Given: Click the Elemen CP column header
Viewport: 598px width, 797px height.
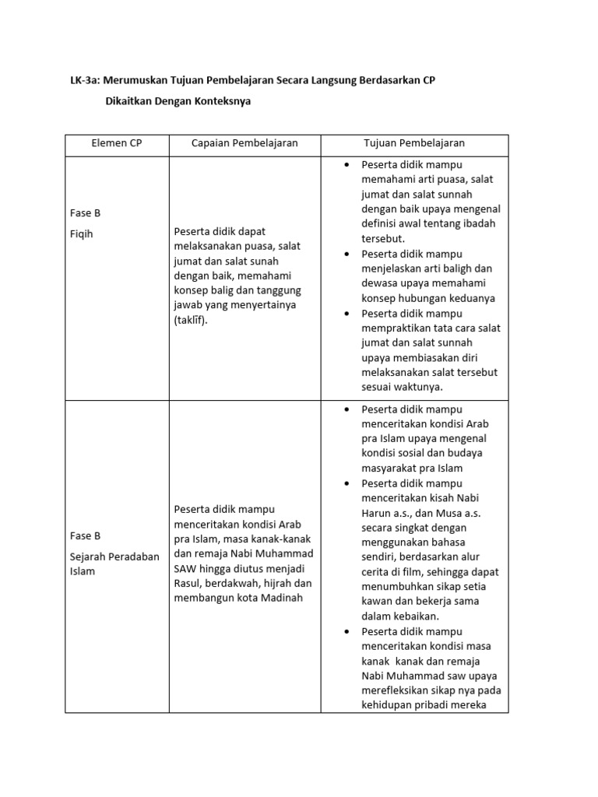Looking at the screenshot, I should pos(117,143).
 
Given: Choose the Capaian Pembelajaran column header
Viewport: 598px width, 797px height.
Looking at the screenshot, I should pos(244,143).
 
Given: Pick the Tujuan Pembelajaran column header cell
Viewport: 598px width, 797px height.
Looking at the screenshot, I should pos(414,143).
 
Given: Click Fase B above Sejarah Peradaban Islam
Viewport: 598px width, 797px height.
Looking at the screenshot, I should pos(86,536).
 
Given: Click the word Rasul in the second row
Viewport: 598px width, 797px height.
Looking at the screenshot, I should pos(188,583).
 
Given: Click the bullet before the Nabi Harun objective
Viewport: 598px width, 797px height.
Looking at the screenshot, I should pos(343,483).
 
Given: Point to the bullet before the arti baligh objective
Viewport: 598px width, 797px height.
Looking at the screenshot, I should pos(343,254).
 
